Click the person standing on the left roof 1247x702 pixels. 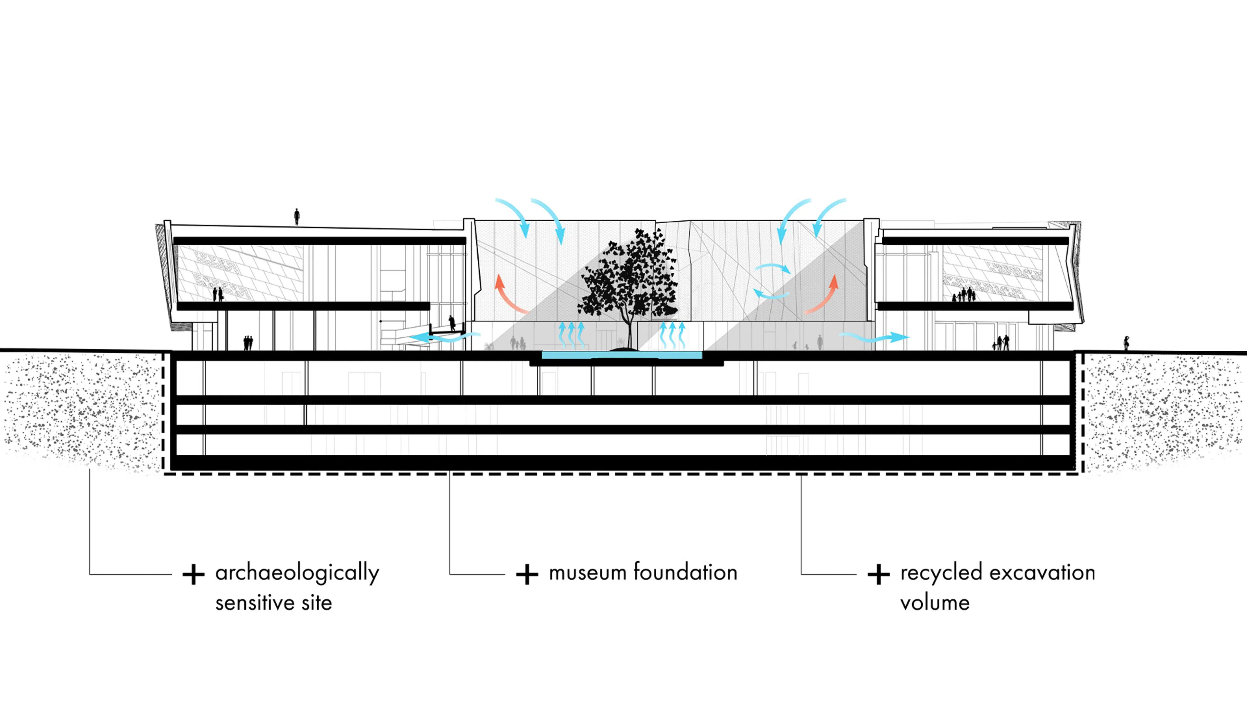(297, 216)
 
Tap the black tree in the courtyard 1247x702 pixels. (628, 281)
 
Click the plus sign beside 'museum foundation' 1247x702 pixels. (527, 575)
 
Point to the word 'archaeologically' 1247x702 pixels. (297, 573)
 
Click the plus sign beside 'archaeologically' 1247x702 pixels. (193, 575)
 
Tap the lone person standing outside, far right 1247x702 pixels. (1127, 343)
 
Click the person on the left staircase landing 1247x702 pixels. (452, 323)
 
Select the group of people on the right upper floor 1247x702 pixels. (964, 295)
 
